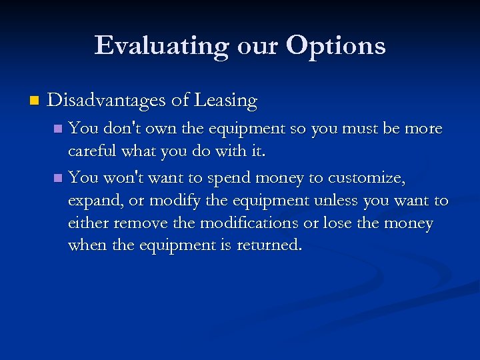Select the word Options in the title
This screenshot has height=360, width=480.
pos(336,46)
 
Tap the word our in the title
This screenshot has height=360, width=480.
pos(260,46)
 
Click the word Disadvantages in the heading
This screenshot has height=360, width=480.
pos(106,100)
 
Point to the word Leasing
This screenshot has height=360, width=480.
pos(225,100)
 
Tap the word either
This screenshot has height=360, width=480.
pos(89,223)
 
